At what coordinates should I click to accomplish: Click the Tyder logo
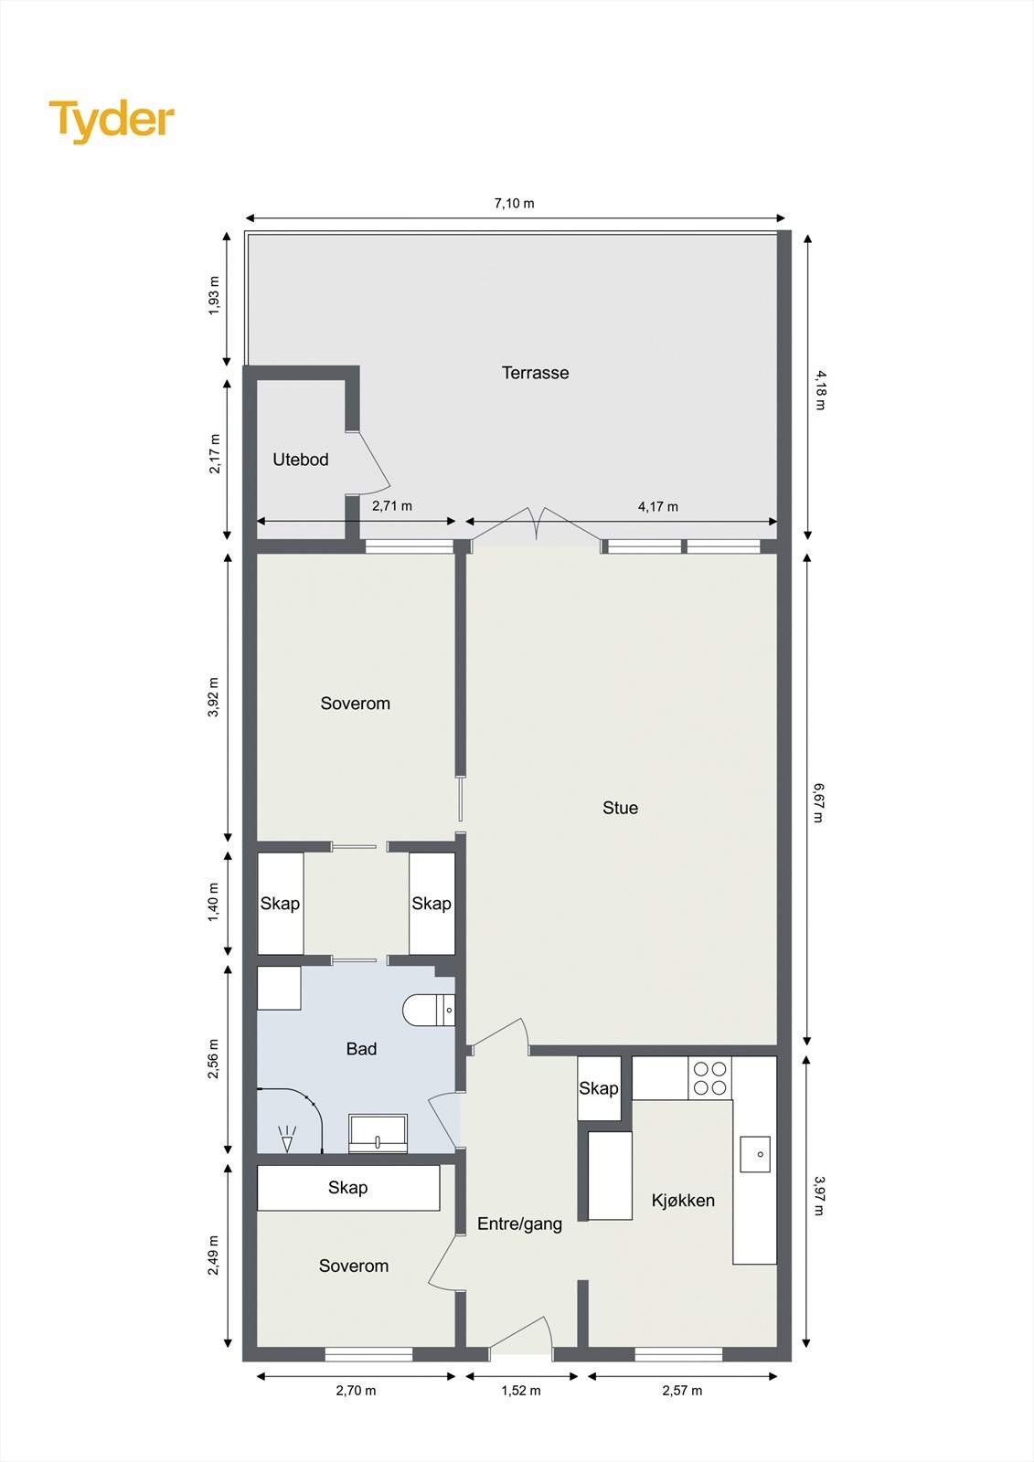pos(112,121)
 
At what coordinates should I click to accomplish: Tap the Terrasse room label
pos(535,373)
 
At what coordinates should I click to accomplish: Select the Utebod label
pos(300,460)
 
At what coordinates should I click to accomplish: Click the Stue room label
pos(620,808)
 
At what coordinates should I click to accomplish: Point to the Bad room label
pos(361,1049)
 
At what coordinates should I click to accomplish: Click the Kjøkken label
pos(683,1201)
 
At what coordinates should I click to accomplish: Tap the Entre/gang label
pos(519,1224)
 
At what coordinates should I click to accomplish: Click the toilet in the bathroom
pos(428,1010)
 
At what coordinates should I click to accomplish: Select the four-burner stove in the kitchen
pos(709,1078)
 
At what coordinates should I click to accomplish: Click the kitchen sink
pos(755,1154)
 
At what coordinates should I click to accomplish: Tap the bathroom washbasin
pos(378,1133)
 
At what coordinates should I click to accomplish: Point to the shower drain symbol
pos(288,1139)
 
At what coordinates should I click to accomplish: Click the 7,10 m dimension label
pos(514,203)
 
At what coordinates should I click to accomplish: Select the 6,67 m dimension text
pos(818,801)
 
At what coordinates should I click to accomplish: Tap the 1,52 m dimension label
pos(521,1391)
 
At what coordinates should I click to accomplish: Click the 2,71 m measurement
pos(391,505)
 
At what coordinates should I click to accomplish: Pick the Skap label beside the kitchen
pos(599,1088)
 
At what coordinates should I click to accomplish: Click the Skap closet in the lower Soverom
pos(347,1188)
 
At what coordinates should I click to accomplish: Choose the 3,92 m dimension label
pos(213,697)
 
